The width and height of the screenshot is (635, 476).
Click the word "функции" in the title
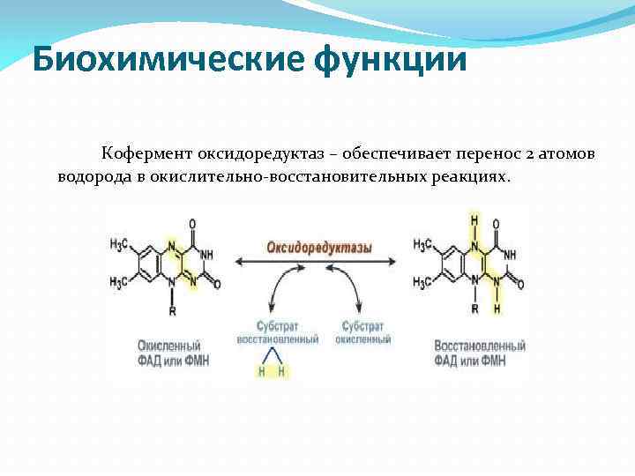click(x=388, y=60)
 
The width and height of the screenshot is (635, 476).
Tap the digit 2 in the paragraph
click(x=527, y=154)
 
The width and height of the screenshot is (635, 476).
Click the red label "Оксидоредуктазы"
click(x=319, y=248)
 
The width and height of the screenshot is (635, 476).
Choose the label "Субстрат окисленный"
click(x=361, y=332)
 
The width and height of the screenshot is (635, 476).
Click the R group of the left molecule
click(x=173, y=310)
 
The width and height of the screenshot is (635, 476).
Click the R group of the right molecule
click(x=474, y=309)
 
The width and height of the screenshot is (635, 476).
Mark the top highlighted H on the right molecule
click(x=474, y=219)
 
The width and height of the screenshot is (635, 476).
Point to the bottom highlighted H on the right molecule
click(x=496, y=309)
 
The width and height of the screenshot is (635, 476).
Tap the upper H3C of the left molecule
click(x=120, y=244)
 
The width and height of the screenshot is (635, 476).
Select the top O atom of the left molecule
click(x=192, y=225)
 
